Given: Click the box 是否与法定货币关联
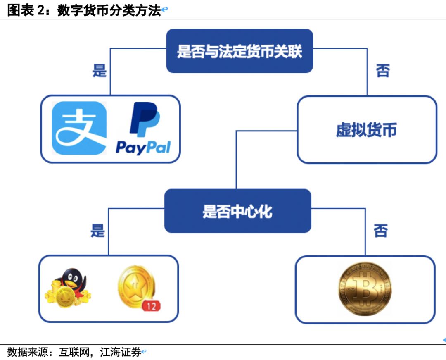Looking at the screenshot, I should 239,51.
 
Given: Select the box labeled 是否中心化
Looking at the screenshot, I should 237,211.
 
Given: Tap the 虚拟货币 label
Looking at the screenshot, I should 366,130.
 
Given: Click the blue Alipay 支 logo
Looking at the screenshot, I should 79,128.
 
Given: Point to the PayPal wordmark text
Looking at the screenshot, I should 143,147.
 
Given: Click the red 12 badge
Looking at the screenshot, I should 151,306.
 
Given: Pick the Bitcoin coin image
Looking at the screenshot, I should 365,288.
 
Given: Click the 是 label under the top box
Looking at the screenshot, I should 100,71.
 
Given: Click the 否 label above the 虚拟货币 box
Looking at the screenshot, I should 382,71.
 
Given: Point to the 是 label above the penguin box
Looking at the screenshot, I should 98,231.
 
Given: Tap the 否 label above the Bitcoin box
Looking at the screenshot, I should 380,231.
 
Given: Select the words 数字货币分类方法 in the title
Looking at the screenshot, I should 109,10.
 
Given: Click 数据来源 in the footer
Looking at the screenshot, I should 24,353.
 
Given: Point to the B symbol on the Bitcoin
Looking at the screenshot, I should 365,288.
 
